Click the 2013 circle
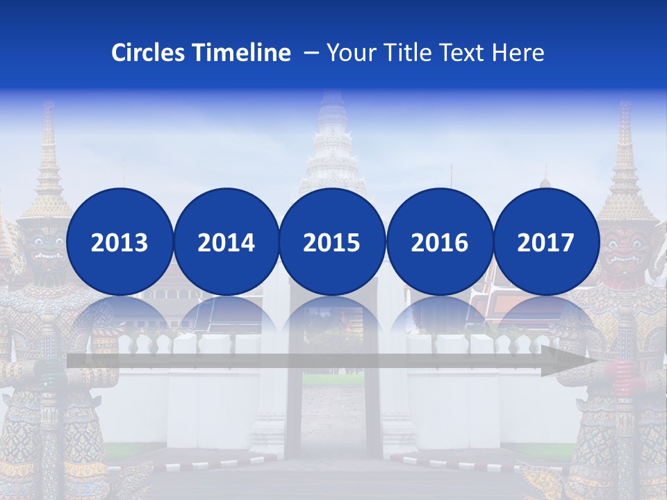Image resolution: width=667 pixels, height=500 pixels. (120, 242)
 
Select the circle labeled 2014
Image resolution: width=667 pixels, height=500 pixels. (226, 242)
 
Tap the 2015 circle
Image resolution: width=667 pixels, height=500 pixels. (332, 242)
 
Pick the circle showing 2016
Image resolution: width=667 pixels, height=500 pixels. (439, 242)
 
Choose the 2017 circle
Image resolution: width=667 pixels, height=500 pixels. (546, 242)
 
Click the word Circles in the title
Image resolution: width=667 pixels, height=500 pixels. (149, 53)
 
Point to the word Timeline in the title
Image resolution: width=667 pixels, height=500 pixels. (242, 53)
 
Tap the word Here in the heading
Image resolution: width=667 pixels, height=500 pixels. (518, 53)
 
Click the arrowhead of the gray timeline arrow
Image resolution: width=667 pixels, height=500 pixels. (570, 361)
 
